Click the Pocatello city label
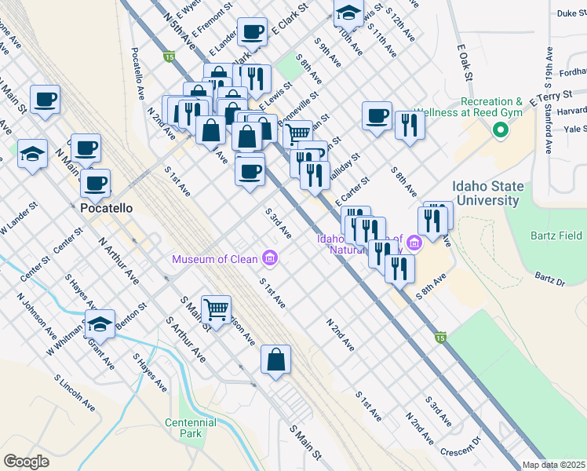pos(108,209)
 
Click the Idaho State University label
pos(486,193)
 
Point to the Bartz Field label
pos(554,235)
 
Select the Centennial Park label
pos(191,428)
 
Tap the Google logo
pos(27,462)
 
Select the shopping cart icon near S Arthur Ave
pos(216,309)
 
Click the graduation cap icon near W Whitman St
pos(100,323)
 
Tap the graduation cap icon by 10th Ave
pos(348,13)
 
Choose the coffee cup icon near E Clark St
pos(252,32)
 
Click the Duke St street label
pos(571,13)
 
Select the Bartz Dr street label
pos(549,278)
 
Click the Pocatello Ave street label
pos(138,72)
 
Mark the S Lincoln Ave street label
pos(71,391)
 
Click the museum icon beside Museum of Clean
pos(270,257)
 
